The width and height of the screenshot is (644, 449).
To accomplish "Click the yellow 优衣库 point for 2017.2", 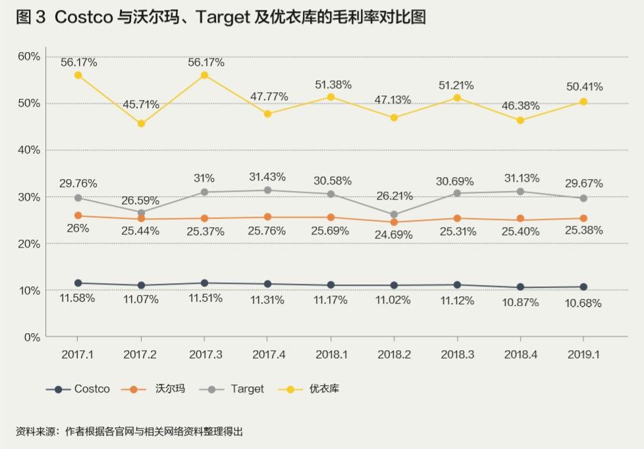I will click(141, 124).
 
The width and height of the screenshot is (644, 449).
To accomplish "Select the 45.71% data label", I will click(141, 105).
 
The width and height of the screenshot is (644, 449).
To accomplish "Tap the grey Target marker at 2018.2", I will click(394, 215).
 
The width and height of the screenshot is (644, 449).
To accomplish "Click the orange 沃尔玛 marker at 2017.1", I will click(78, 215).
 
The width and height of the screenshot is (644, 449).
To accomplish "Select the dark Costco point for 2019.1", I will click(583, 287).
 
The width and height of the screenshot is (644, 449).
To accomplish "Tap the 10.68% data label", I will click(583, 304).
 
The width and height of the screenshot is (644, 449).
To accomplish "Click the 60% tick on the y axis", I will click(29, 56).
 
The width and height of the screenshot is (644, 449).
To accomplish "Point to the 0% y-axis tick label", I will click(32, 337).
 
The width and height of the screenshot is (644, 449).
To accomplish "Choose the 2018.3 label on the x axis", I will click(457, 354).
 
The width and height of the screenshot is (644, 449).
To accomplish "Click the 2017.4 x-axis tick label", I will click(268, 354).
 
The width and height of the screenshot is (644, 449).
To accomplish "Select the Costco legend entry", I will click(78, 389).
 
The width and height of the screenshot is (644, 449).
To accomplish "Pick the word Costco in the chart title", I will click(84, 18).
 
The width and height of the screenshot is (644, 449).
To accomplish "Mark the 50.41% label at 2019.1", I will click(583, 87).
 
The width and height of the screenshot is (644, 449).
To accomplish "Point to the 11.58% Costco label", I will click(78, 298).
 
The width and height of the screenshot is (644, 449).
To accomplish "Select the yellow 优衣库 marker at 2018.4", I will click(520, 120).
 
